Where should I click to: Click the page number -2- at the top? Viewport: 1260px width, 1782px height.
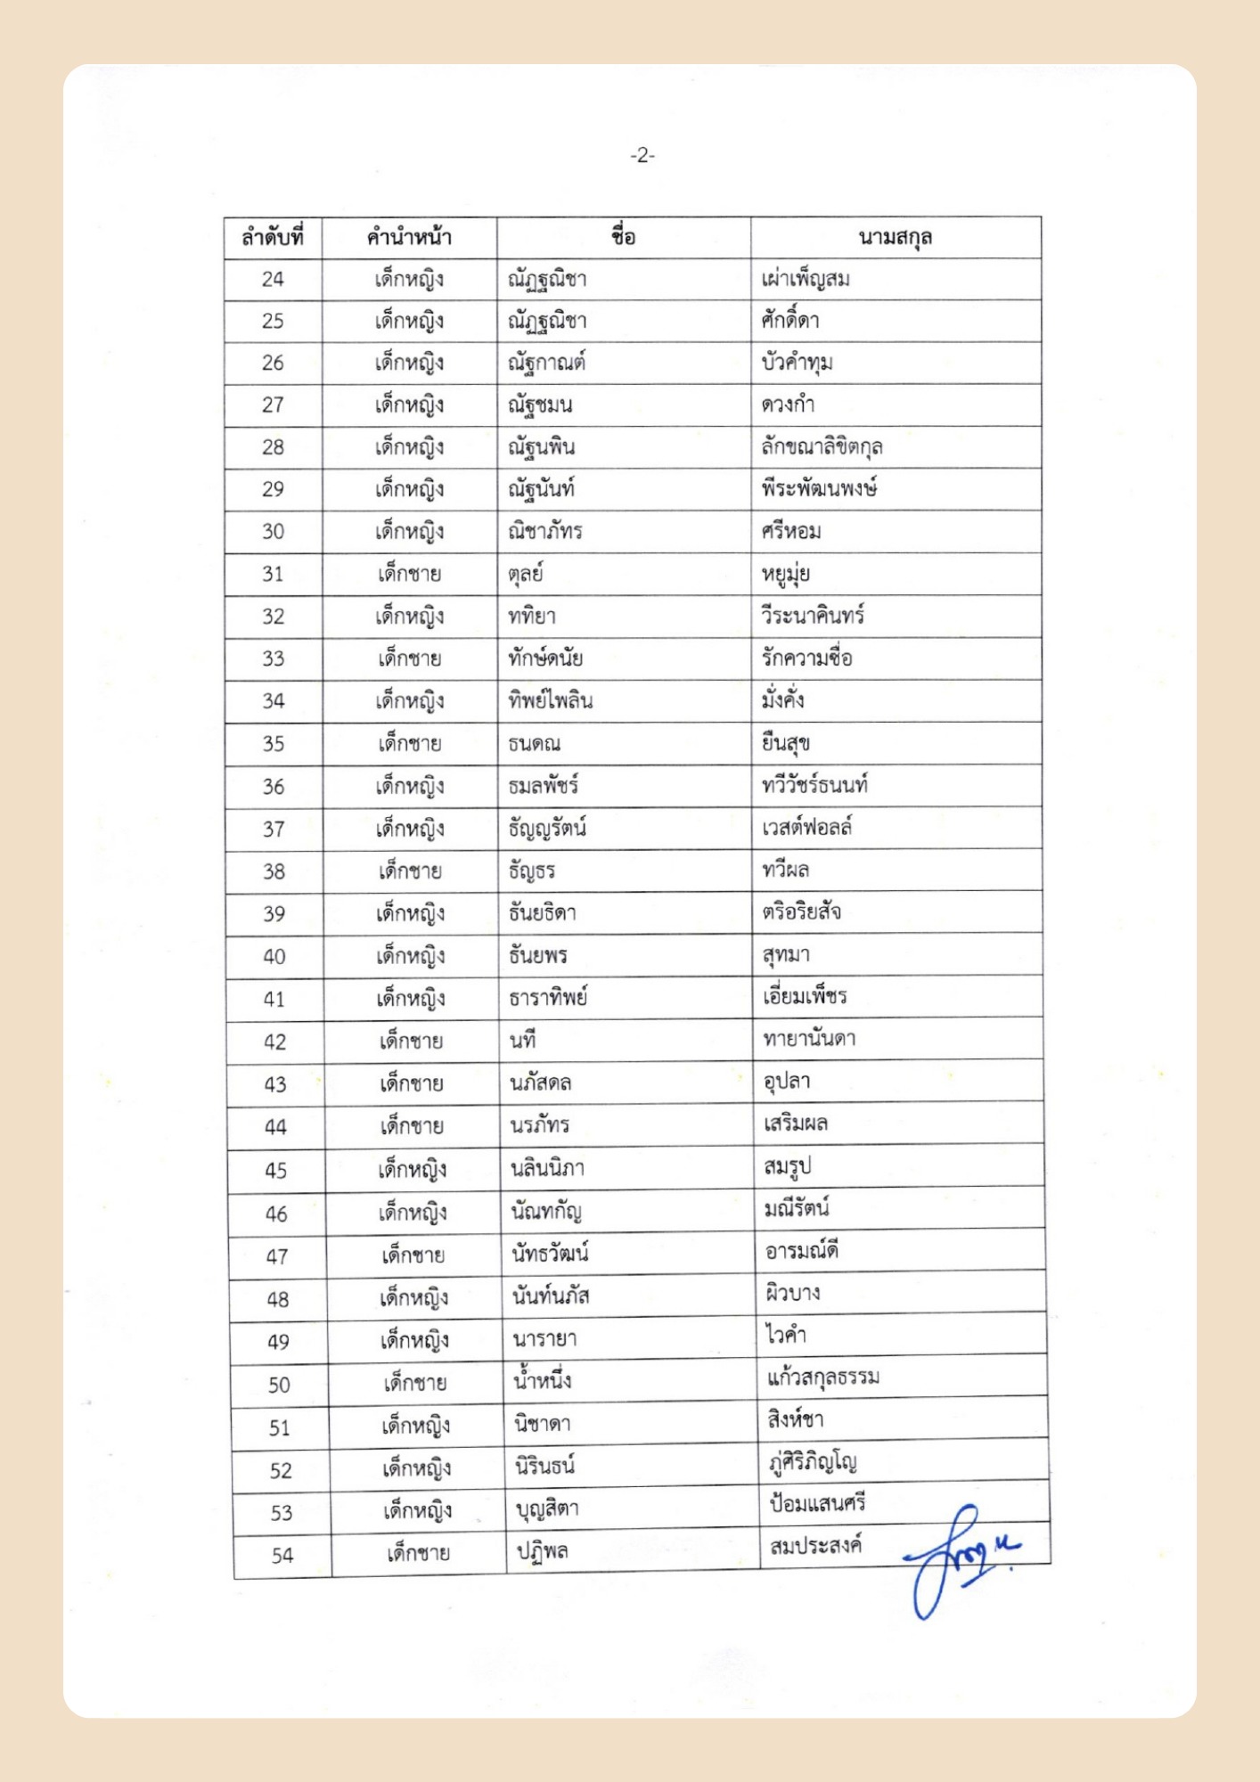642,156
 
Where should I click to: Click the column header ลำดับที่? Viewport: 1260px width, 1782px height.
273,238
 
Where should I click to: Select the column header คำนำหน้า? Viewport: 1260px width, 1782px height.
409,238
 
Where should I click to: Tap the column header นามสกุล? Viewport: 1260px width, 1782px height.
895,238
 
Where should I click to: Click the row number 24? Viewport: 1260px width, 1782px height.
273,280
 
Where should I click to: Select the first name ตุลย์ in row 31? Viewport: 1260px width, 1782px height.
526,574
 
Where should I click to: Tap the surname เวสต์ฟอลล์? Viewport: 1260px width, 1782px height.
806,828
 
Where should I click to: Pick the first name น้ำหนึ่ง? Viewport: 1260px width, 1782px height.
542,1381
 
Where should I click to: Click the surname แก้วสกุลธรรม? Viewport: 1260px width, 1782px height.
823,1377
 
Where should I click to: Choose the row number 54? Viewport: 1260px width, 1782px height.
282,1556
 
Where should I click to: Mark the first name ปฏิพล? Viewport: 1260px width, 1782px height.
543,1551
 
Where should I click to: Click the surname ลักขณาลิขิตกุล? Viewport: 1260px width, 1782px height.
822,446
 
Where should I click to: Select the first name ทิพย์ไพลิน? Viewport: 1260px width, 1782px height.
551,700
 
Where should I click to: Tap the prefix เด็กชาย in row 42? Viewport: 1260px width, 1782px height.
411,1041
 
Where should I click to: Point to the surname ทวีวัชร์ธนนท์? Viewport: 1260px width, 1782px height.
814,785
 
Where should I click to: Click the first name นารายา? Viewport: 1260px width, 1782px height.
544,1338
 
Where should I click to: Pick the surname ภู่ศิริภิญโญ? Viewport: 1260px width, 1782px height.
812,1462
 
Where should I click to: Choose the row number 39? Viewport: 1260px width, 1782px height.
274,913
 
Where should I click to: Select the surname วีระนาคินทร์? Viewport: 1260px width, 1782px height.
813,616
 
